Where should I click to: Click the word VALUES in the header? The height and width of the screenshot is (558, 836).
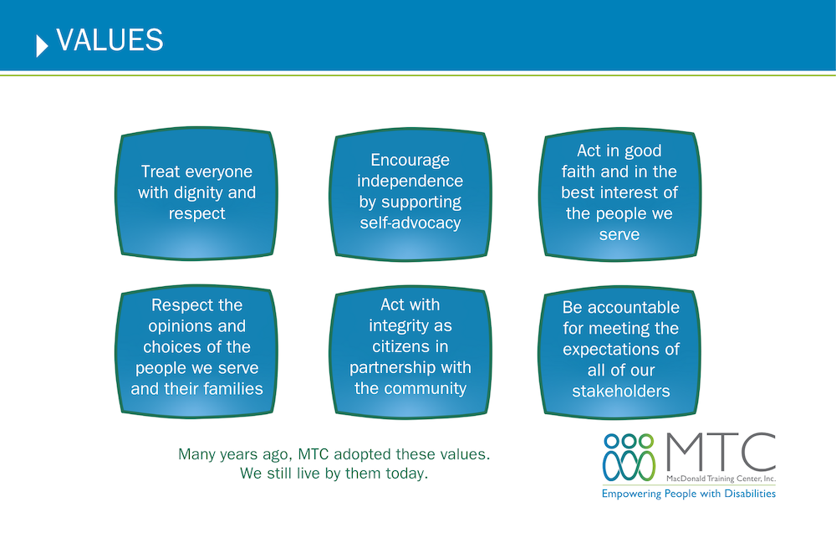[x=110, y=40]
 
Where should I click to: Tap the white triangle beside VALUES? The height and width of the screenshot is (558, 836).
[x=42, y=46]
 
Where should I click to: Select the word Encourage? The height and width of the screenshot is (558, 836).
[x=410, y=160]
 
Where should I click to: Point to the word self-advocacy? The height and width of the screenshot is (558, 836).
[x=410, y=223]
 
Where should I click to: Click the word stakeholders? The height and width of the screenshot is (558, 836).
[x=621, y=391]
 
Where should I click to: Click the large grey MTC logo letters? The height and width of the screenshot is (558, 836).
[x=721, y=452]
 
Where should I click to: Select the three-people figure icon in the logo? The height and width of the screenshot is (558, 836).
[x=630, y=457]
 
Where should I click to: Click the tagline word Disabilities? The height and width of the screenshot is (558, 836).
[x=750, y=494]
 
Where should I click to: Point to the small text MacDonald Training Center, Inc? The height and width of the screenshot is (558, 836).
[x=721, y=479]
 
